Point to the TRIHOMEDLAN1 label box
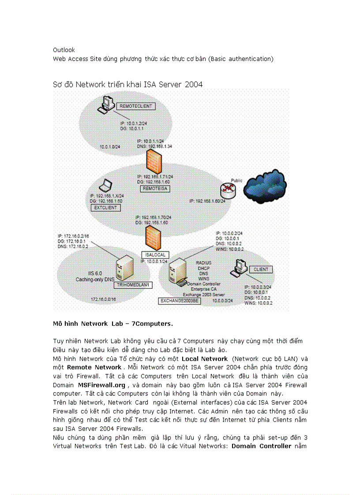[x=133, y=285]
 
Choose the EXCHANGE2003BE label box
[x=179, y=301]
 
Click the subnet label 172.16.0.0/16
[x=103, y=299]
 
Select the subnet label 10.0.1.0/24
[x=110, y=146]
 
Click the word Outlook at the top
[x=64, y=50]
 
